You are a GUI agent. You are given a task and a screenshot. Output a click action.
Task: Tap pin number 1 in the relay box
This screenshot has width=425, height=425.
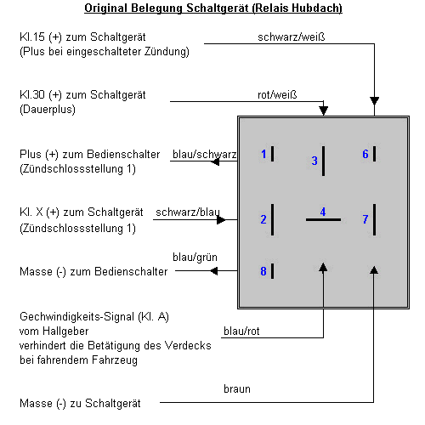tap(263, 154)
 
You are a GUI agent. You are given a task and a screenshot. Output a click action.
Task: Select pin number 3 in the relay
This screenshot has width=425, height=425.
tap(314, 160)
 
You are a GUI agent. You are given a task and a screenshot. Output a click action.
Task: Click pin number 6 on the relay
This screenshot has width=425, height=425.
tap(365, 154)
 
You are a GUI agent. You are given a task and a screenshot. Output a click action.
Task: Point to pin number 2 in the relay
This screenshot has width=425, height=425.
tap(263, 219)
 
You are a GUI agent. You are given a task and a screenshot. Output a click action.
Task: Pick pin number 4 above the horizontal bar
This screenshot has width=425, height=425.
tap(322, 212)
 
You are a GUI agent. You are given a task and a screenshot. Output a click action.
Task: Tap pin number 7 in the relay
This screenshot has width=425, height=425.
tap(365, 219)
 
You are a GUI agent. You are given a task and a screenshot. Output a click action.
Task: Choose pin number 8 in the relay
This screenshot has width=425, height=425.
tap(263, 271)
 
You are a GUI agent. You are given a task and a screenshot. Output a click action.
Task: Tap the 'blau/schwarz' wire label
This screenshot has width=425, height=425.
tap(204, 155)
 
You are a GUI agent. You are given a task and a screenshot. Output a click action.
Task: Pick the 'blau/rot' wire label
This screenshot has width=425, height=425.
tap(241, 331)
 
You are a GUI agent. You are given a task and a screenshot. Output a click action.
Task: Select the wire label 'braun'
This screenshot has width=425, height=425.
tap(236, 388)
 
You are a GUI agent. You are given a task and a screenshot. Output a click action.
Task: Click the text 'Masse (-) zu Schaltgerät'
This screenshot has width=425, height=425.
tap(78, 402)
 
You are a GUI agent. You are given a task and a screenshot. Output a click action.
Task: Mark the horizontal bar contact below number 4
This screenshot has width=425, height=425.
tap(323, 220)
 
